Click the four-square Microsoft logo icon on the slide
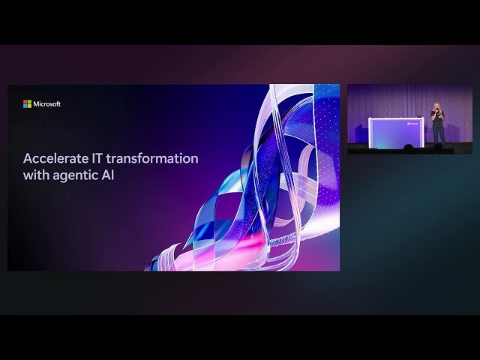coord(27,104)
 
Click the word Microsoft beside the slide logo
coord(46,104)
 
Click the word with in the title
coord(36,178)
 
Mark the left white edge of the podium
coord(370,132)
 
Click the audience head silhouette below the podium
coord(409,148)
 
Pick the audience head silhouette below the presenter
coord(438,148)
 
